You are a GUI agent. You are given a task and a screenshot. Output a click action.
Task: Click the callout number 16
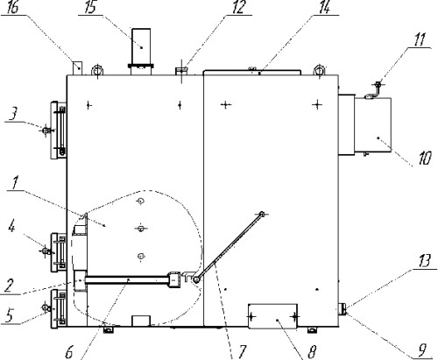pos(13,7)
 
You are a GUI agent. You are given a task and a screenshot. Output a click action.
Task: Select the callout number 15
pos(90,7)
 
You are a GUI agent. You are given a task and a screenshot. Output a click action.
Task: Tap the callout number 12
pos(238,7)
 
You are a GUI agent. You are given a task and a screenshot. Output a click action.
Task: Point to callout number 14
pos(325,7)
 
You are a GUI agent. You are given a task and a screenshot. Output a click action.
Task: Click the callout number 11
pos(420,39)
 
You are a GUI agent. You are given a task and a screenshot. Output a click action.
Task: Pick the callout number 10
pos(425,159)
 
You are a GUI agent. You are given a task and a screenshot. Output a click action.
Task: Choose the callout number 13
pos(425,261)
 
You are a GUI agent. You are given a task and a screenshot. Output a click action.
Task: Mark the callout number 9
pos(422,350)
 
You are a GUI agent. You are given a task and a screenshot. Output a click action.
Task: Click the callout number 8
pos(312,352)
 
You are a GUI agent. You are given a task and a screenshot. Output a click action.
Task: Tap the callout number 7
pos(242,351)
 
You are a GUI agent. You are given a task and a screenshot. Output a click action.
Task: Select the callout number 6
pos(69,353)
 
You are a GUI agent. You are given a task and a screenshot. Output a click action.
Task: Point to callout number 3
pos(12,115)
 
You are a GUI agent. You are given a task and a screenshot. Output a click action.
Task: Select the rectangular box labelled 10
pos(373,124)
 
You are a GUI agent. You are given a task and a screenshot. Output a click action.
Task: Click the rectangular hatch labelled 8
pos(272,316)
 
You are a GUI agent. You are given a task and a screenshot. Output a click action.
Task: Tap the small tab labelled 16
pos(77,68)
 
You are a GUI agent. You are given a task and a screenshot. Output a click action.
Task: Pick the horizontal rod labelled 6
pos(127,280)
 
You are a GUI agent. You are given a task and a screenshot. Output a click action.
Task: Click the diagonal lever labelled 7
pos(229,247)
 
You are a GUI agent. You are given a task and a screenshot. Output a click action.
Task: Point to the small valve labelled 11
pos(376,90)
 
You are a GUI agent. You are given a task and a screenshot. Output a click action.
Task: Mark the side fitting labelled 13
pos(343,309)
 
